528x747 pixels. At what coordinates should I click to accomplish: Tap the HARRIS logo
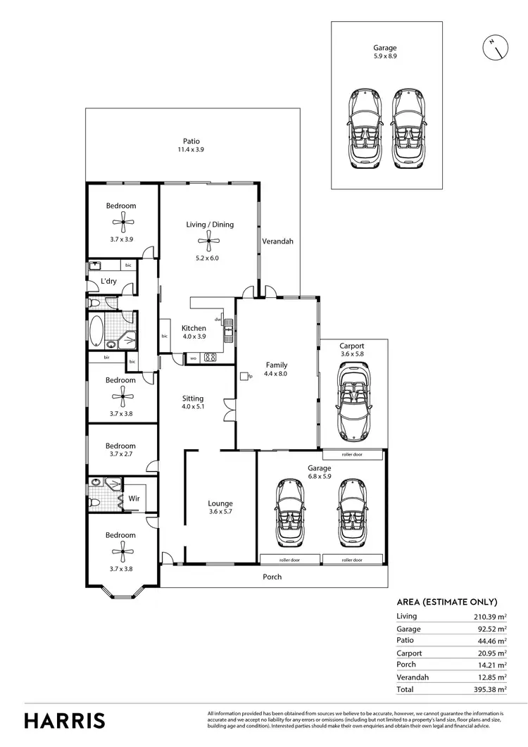pos(65,720)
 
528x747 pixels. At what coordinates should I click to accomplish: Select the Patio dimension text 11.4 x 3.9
pos(191,150)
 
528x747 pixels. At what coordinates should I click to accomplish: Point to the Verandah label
pos(277,241)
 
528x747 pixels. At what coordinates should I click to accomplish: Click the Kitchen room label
pos(194,328)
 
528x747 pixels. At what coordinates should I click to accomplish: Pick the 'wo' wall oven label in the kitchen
pos(192,358)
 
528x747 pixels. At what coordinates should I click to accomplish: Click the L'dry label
pos(108,282)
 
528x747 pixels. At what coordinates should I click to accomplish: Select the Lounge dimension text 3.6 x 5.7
pos(220,513)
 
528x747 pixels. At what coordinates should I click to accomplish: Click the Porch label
pos(272,577)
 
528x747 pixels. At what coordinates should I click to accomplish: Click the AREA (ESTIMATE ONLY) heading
pos(448,602)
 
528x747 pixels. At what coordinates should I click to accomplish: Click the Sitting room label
pos(192,398)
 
